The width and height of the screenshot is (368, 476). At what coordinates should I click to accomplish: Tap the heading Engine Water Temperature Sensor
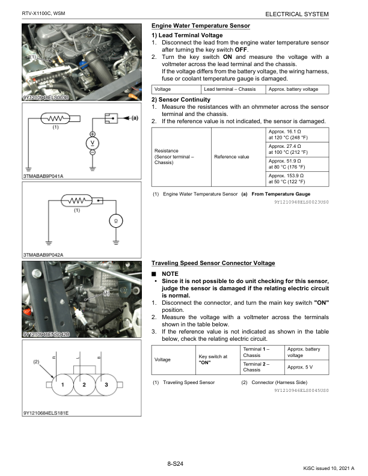(200, 26)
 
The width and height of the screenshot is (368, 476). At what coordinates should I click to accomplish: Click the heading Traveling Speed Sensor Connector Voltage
(212, 263)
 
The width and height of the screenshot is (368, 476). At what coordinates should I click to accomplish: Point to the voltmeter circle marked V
(93, 144)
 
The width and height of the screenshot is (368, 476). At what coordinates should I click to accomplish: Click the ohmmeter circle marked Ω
(115, 220)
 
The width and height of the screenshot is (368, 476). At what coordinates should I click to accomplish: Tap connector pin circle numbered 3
(106, 383)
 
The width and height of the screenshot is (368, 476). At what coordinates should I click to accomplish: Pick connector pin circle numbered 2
(84, 383)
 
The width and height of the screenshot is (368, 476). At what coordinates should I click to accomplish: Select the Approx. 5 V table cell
(307, 366)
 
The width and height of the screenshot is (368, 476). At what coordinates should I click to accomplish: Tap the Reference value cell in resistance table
(232, 156)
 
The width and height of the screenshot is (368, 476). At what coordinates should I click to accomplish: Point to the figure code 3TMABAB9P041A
(43, 176)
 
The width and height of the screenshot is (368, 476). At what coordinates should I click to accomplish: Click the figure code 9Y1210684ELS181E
(46, 412)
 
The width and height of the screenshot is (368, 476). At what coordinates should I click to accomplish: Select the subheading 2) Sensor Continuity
(180, 99)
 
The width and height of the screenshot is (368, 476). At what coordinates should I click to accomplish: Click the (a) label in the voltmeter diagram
(135, 117)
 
